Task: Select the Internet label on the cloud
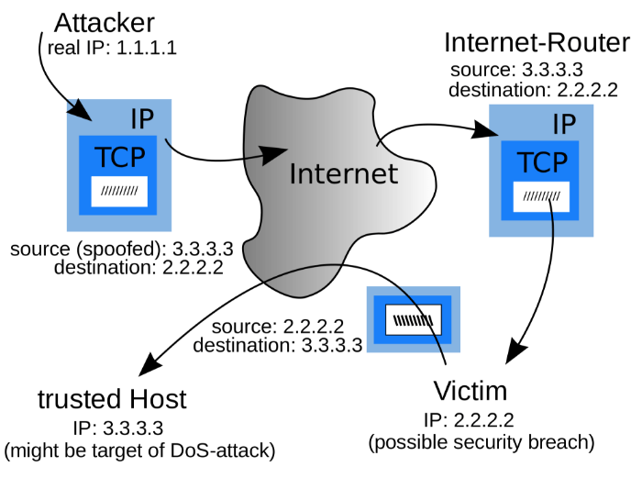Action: [x=344, y=173]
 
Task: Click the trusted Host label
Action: [x=112, y=400]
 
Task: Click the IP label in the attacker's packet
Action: [x=142, y=118]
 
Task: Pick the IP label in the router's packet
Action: [x=566, y=124]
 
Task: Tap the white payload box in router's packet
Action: [x=541, y=196]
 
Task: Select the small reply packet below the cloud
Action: [x=412, y=319]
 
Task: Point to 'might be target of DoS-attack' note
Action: [x=139, y=450]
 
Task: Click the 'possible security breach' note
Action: [x=481, y=443]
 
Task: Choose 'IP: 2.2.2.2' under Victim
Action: [x=469, y=421]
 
